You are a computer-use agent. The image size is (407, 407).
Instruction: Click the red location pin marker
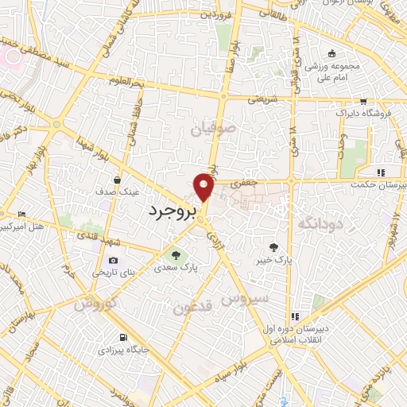204,188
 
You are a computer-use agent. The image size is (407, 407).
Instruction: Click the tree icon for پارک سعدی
176,255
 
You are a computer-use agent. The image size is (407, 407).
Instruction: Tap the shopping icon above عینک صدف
117,180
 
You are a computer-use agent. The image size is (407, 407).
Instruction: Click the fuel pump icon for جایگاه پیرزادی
122,336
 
